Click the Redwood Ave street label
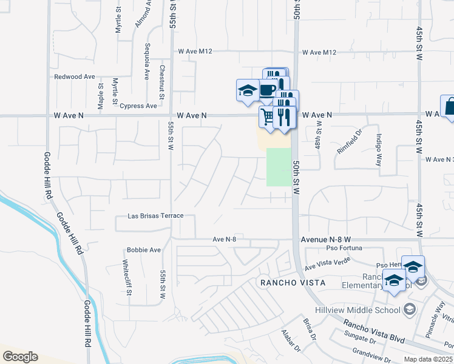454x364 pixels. (75, 77)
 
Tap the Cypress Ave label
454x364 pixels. (138, 106)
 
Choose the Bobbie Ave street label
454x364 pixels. (143, 250)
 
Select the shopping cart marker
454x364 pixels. (267, 115)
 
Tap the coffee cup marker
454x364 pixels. (266, 90)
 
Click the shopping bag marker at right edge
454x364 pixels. (449, 106)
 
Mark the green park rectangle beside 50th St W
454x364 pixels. (278, 167)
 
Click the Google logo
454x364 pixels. (20, 357)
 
